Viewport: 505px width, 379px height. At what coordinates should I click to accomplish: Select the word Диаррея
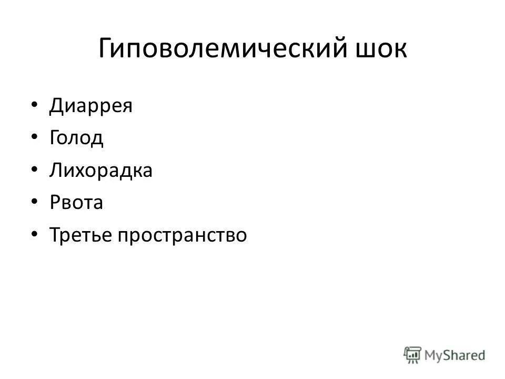pos(91,106)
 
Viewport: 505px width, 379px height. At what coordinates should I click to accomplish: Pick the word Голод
pos(76,138)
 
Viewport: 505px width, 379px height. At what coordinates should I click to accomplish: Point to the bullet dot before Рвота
pos(34,203)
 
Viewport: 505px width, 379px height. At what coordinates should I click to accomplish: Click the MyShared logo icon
pos(413,355)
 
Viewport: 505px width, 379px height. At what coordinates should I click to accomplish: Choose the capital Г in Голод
pos(54,138)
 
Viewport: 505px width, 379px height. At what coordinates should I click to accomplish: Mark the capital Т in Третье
pos(55,235)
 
